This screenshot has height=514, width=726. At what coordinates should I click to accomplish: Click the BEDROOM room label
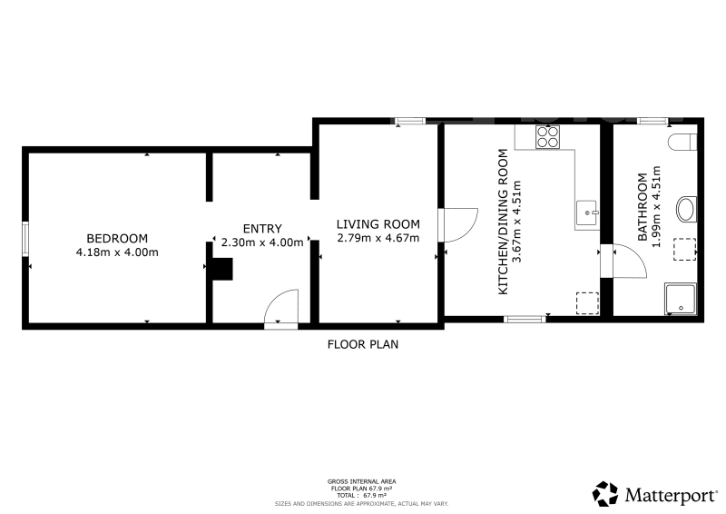click(117, 238)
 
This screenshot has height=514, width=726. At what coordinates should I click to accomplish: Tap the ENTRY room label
click(262, 229)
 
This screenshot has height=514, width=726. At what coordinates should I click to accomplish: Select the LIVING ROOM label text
click(378, 224)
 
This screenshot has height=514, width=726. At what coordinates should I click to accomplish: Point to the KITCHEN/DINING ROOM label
click(503, 222)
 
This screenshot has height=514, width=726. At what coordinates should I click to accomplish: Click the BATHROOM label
click(643, 207)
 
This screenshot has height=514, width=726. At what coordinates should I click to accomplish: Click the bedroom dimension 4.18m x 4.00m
click(117, 252)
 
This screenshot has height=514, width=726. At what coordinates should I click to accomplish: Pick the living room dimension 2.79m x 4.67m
click(378, 238)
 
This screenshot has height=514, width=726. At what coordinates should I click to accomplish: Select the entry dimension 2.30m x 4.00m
click(262, 242)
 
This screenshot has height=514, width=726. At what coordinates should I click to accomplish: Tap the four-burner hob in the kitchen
click(548, 137)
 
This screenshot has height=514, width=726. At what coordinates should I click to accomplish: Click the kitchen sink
click(586, 213)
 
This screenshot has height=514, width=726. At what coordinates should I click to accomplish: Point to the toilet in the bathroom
click(682, 143)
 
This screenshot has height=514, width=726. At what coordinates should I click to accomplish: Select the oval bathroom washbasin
click(686, 210)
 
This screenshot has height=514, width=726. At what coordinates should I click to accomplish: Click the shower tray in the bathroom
click(681, 299)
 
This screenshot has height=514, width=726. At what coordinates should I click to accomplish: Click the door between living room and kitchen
click(458, 225)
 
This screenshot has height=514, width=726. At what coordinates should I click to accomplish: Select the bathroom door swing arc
click(629, 261)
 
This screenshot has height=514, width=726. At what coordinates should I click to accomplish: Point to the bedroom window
click(25, 239)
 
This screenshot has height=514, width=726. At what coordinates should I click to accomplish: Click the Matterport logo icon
click(605, 494)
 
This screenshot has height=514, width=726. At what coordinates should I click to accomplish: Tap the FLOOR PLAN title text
click(362, 344)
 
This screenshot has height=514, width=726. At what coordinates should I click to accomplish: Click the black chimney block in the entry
click(222, 270)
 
